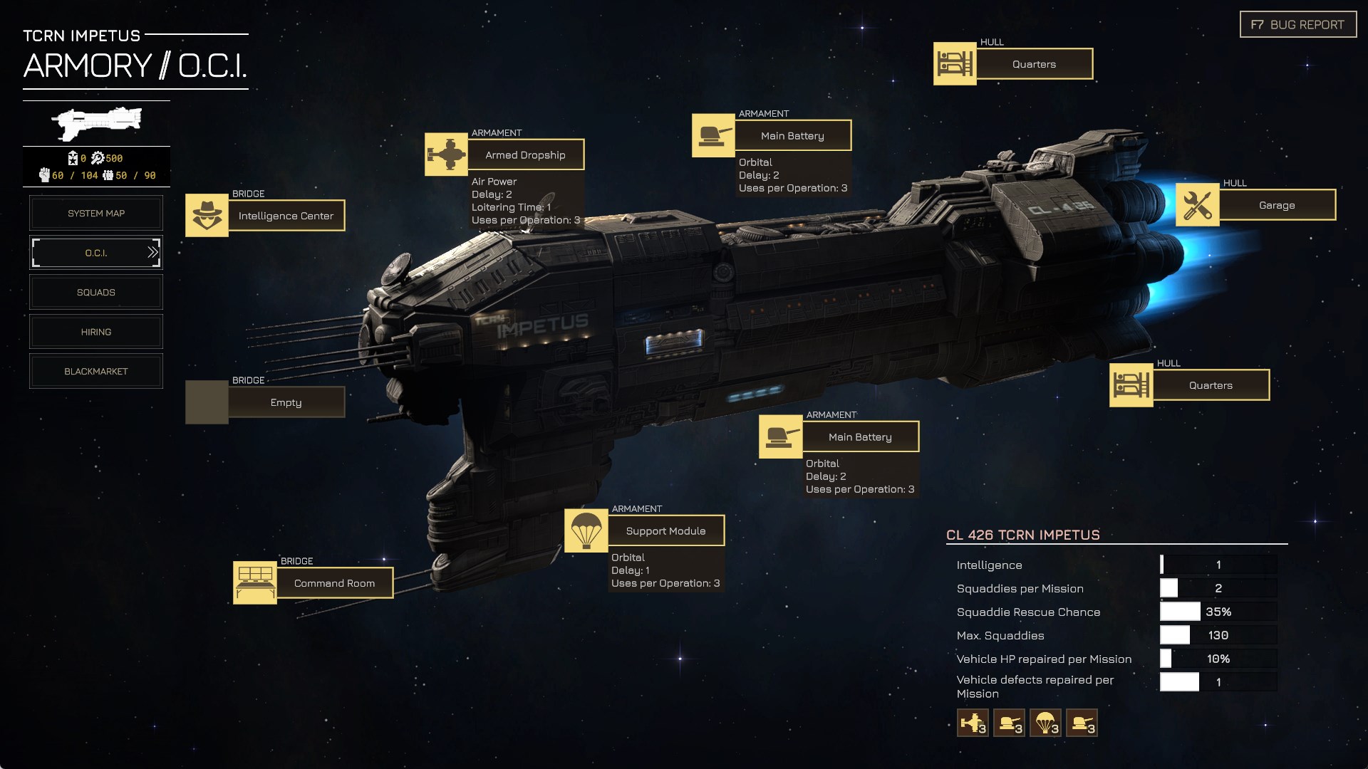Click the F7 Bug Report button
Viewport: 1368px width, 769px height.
click(x=1297, y=25)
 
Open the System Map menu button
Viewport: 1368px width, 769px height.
click(x=96, y=213)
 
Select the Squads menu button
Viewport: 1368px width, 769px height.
click(x=96, y=292)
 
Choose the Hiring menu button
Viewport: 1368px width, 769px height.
click(x=96, y=332)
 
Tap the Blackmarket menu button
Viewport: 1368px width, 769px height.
click(x=96, y=372)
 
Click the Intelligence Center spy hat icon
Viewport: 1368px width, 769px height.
click(x=207, y=215)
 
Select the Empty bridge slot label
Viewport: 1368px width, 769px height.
click(x=286, y=402)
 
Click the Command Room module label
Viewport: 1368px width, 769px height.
click(x=335, y=583)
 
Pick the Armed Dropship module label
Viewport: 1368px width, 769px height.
click(x=526, y=155)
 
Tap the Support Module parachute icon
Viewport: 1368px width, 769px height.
click(x=586, y=530)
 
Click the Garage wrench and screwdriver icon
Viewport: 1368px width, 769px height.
click(x=1197, y=205)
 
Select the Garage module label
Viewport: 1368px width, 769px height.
click(x=1277, y=205)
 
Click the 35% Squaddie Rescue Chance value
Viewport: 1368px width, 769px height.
click(x=1218, y=612)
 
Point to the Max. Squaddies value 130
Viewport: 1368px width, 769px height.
click(x=1218, y=635)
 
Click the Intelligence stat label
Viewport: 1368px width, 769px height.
click(x=989, y=565)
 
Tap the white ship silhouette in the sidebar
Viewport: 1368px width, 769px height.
click(x=96, y=123)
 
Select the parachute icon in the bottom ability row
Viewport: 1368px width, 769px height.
click(x=1045, y=723)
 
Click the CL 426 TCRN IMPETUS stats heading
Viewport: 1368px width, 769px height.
click(x=1023, y=535)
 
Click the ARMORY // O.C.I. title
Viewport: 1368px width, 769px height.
click(x=135, y=66)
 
